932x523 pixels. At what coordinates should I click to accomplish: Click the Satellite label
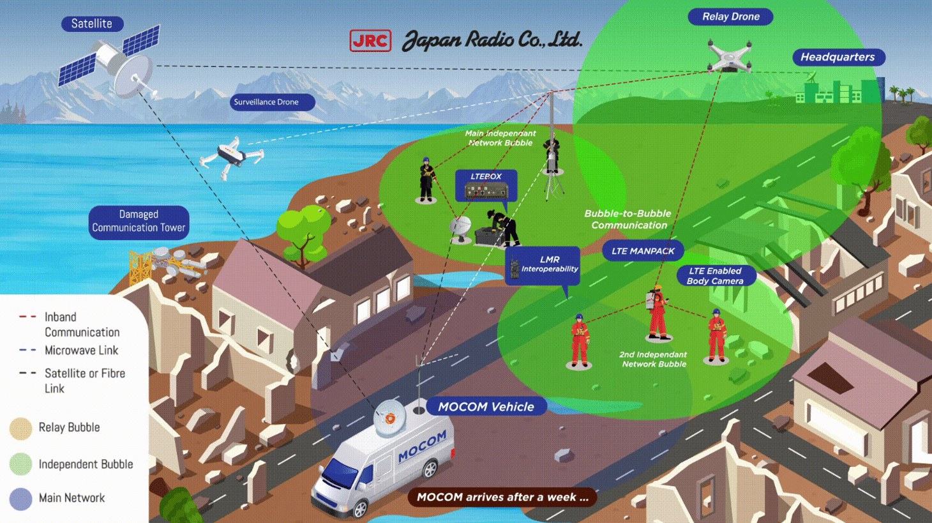point(92,24)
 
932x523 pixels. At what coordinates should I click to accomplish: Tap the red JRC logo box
point(370,41)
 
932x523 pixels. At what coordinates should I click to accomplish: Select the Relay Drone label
point(730,17)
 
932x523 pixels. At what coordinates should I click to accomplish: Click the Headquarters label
point(838,57)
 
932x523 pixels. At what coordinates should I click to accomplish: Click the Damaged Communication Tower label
point(139,222)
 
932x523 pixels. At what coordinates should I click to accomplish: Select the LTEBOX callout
point(486,185)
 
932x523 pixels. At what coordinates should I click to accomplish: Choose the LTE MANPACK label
point(643,251)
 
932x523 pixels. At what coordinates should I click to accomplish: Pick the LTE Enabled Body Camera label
point(716,276)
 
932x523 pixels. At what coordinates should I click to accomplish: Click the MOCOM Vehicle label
point(486,407)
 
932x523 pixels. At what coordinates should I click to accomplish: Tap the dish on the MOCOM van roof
point(389,418)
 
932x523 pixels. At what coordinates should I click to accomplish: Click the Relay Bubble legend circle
point(20,428)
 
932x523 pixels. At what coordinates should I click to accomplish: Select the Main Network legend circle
point(20,499)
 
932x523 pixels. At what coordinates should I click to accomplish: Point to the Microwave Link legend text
point(81,350)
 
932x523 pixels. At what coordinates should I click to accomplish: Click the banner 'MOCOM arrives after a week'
point(502,497)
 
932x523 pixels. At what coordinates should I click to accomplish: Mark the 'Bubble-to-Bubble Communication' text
point(628,219)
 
